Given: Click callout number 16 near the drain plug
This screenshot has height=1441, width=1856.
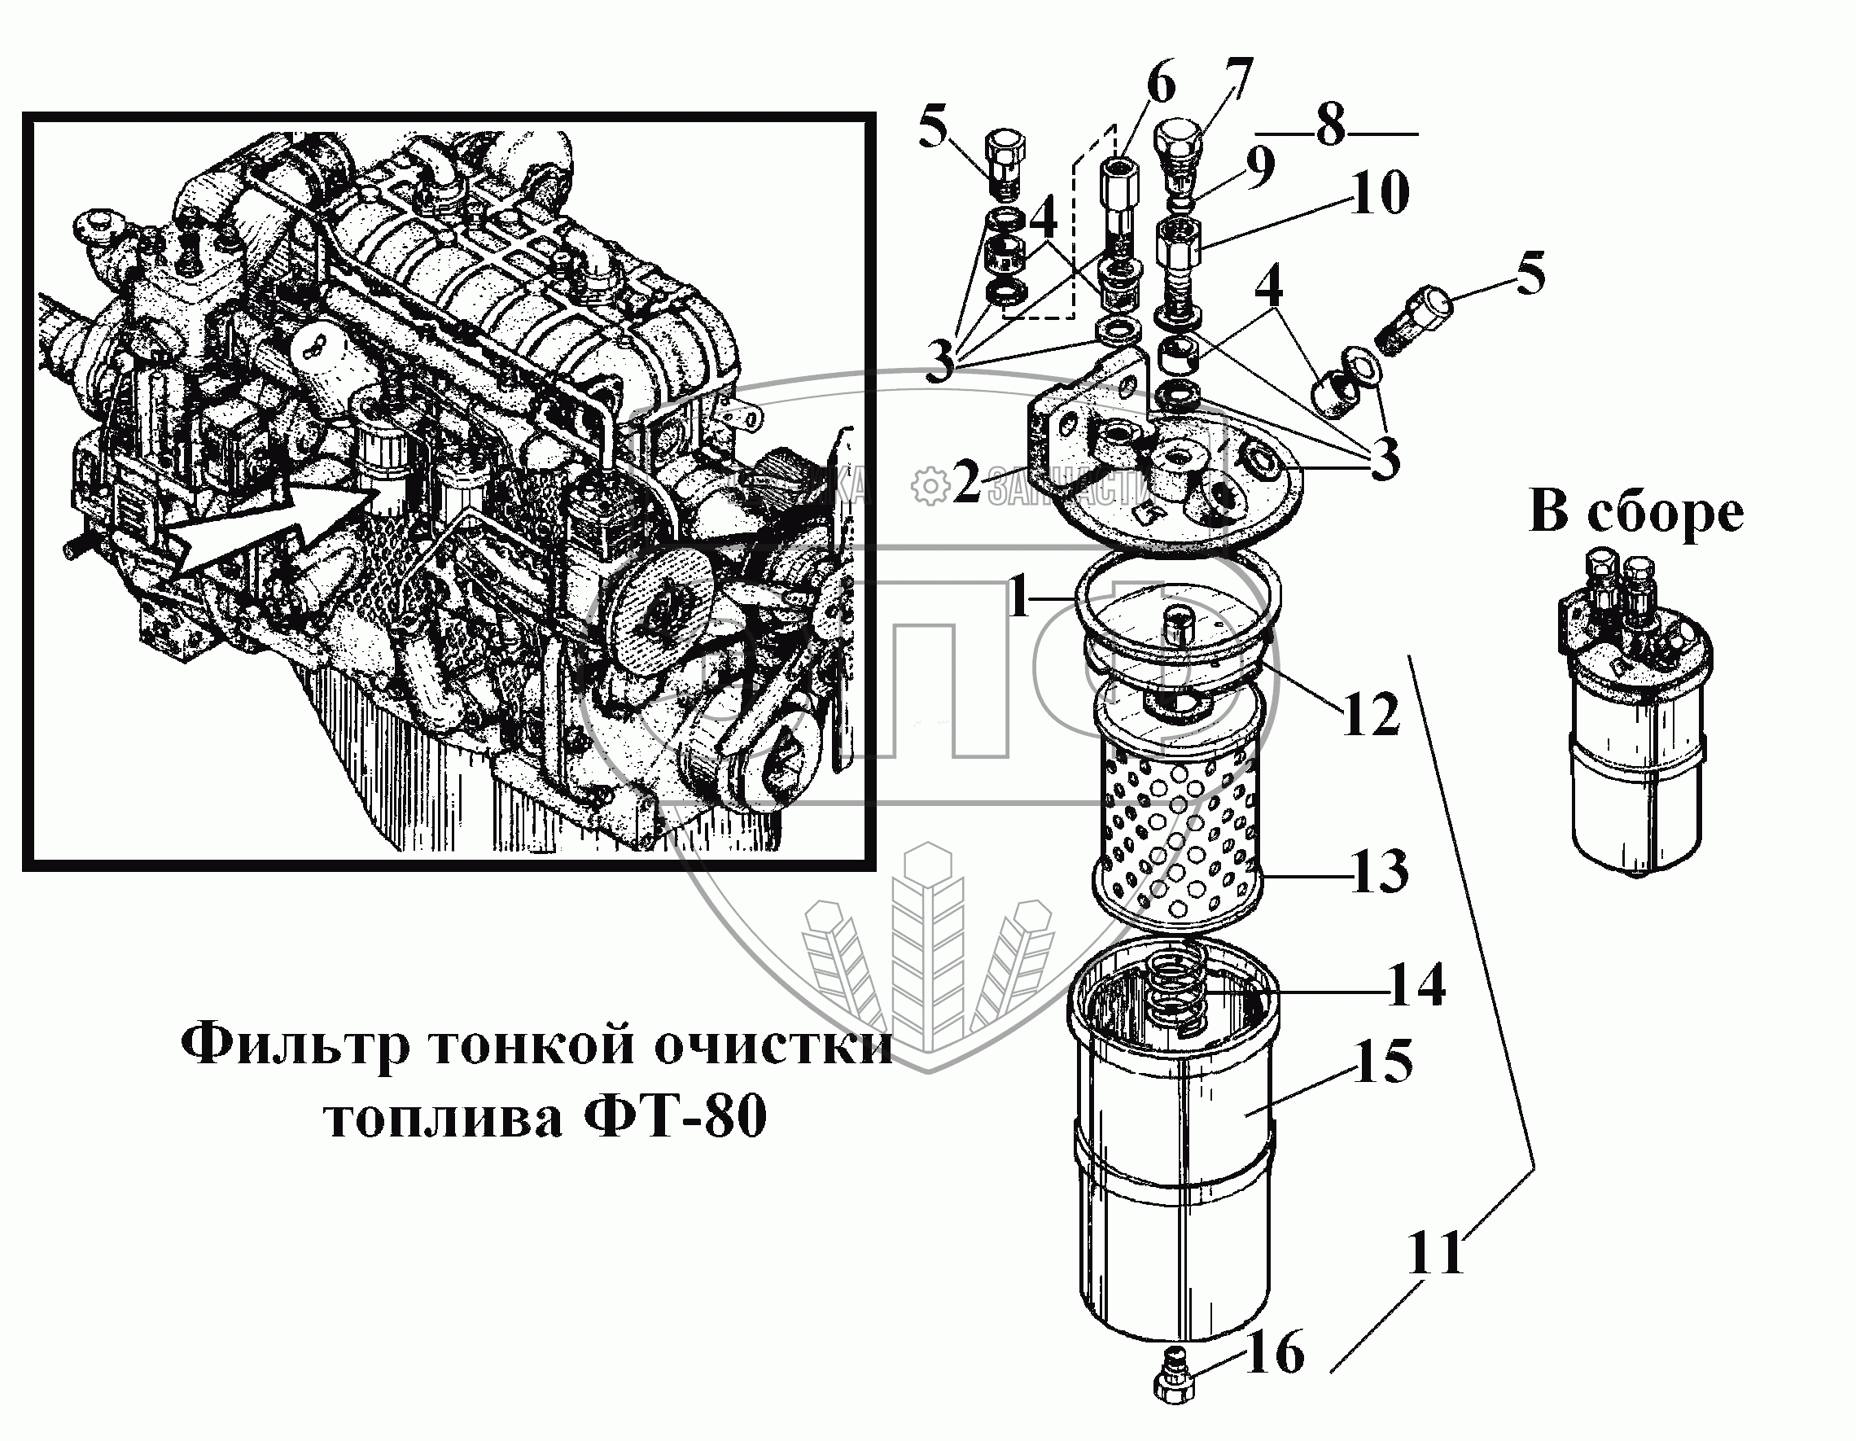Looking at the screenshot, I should coord(1275,1352).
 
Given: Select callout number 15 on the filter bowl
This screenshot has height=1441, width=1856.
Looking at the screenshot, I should coord(1384,1061).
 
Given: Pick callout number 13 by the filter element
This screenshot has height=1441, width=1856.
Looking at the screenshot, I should coord(1378,871).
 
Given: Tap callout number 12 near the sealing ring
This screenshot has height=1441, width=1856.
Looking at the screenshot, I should coord(1370,714).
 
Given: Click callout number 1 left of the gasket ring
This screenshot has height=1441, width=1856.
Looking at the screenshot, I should coord(1019,599).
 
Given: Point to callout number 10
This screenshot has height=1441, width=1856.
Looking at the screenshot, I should coord(1380,192).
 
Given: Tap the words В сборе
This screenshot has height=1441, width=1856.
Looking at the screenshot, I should coord(1636,514).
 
